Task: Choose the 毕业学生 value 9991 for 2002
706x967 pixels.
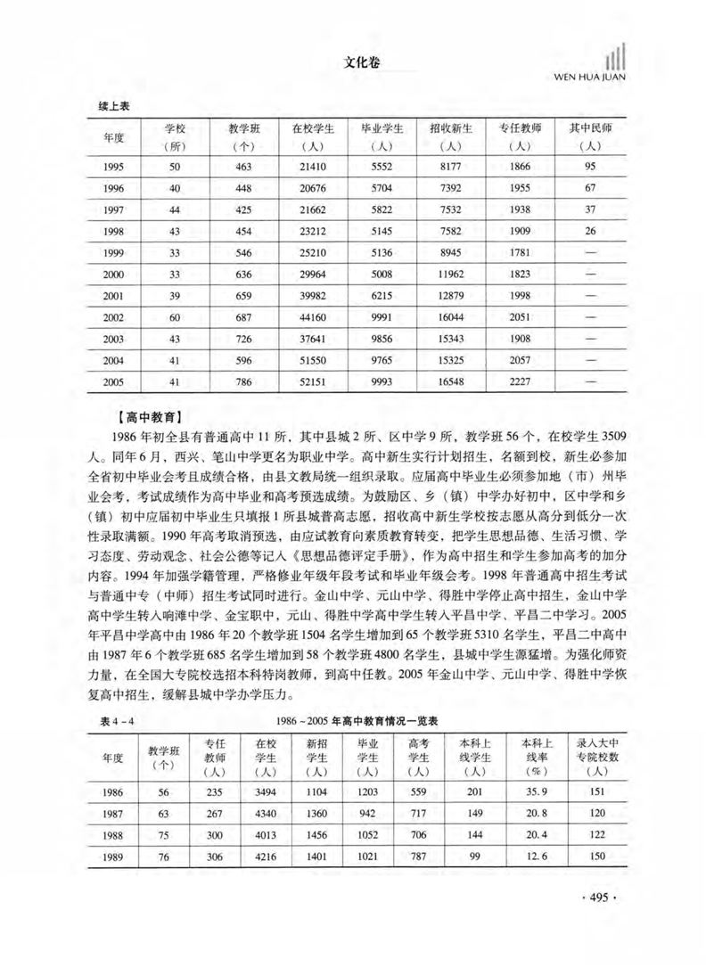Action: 382,318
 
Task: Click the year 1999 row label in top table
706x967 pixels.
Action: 113,252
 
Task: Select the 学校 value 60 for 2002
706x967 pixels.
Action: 175,318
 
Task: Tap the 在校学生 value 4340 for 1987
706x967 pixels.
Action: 266,813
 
